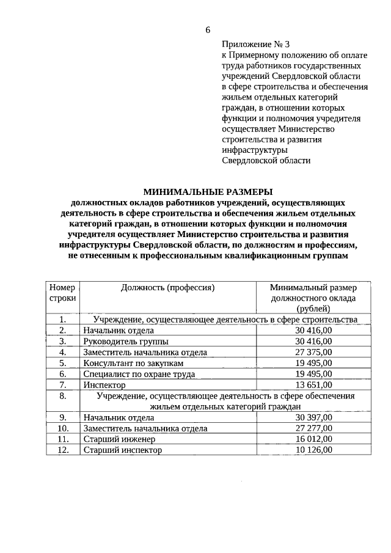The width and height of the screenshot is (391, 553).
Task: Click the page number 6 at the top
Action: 208,30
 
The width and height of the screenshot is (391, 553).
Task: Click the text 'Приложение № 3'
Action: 251,44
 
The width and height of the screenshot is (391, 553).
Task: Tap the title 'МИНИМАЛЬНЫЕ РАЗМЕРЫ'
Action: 208,191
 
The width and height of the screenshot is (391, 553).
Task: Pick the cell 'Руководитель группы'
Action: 126,341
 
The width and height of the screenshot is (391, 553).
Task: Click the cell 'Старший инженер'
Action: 120,439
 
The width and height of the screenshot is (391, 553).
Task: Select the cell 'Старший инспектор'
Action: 123,450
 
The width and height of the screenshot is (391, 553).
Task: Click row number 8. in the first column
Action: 62,396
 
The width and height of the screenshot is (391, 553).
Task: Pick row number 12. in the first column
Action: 62,450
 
